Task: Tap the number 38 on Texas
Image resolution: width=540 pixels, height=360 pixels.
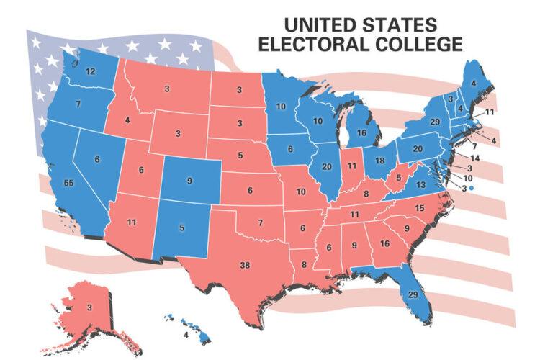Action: [x=245, y=266]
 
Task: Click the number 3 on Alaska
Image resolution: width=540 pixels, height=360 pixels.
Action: [x=89, y=307]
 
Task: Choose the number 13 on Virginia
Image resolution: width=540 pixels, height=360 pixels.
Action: [x=420, y=185]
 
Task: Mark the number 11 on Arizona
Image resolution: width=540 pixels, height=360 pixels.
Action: [x=131, y=222]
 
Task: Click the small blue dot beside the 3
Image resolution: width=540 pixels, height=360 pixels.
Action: [x=472, y=187]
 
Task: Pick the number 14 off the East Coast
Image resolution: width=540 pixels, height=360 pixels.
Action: [x=475, y=157]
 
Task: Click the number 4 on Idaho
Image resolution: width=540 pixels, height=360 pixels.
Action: [x=127, y=120]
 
